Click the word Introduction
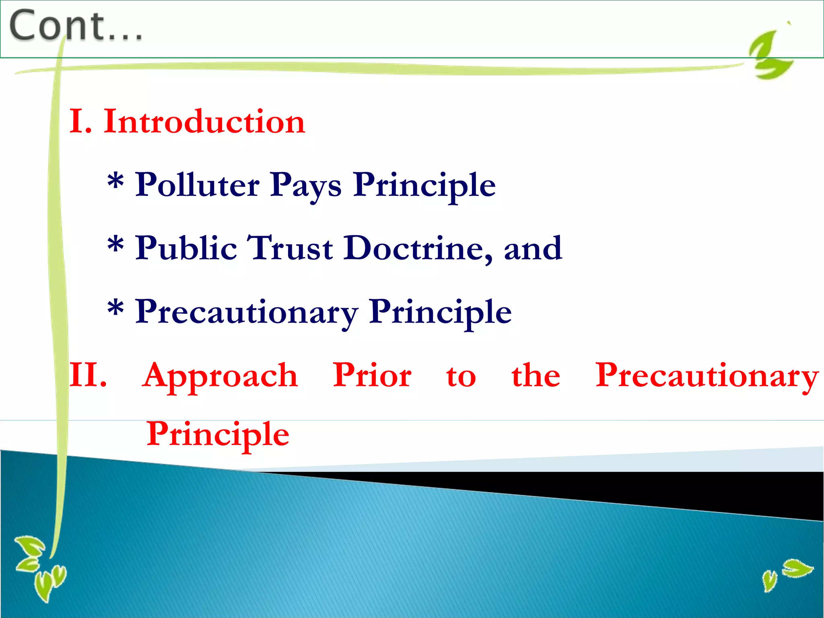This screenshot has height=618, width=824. pyautogui.click(x=204, y=122)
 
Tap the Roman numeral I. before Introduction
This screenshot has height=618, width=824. pyautogui.click(x=80, y=122)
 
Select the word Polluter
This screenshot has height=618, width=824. pyautogui.click(x=197, y=185)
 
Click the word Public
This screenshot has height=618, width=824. pyautogui.click(x=186, y=249)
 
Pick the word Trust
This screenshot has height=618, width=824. pyautogui.click(x=290, y=249)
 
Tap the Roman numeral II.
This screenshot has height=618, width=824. pyautogui.click(x=88, y=376)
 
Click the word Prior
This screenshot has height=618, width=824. pyautogui.click(x=372, y=376)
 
